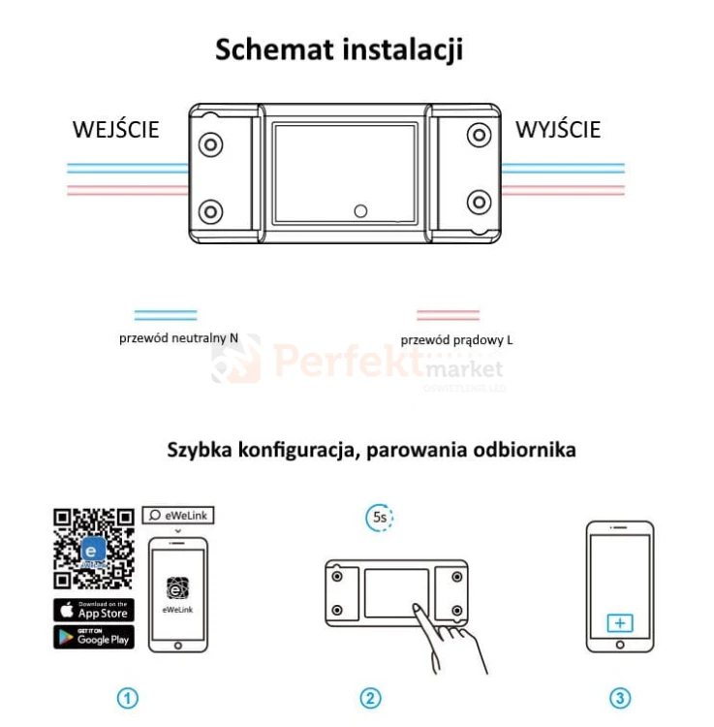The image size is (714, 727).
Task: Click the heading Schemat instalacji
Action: tap(339, 49)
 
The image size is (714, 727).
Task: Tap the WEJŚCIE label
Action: tap(116, 130)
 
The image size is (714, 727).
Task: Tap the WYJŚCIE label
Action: tap(558, 130)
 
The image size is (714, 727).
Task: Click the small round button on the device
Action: tap(360, 209)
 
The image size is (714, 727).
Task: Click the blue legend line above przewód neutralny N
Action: tap(166, 315)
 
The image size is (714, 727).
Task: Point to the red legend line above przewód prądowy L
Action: tap(448, 315)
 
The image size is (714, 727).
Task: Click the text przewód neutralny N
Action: tap(178, 338)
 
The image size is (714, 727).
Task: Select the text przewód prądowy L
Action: tap(456, 340)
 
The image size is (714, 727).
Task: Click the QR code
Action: tap(93, 548)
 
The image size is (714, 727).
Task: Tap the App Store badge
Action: tap(94, 611)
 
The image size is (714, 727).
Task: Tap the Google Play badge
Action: tap(94, 637)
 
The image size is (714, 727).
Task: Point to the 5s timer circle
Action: tap(380, 518)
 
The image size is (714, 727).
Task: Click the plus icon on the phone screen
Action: tap(619, 622)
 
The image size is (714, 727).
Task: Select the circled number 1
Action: tap(128, 698)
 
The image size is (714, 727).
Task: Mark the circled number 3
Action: tap(620, 698)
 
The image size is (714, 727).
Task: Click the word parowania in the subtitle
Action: tap(413, 451)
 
